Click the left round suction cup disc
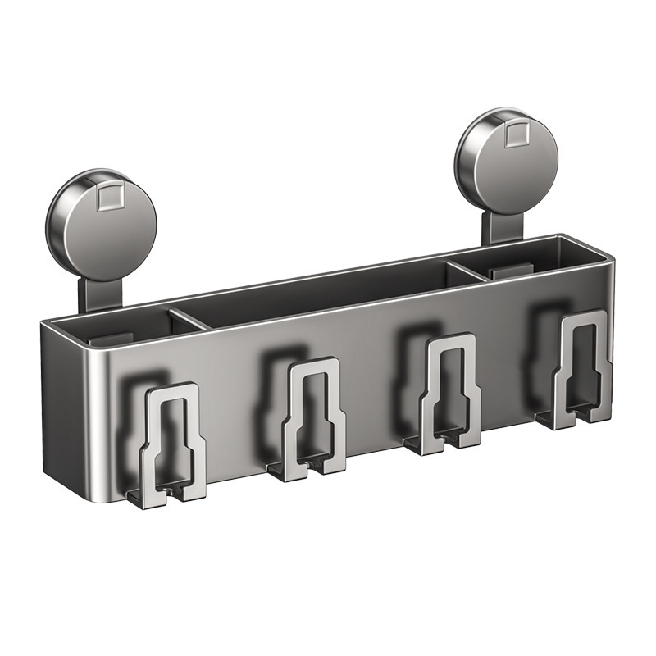tap(102, 226)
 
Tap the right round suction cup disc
tap(508, 160)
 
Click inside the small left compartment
tap(123, 324)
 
